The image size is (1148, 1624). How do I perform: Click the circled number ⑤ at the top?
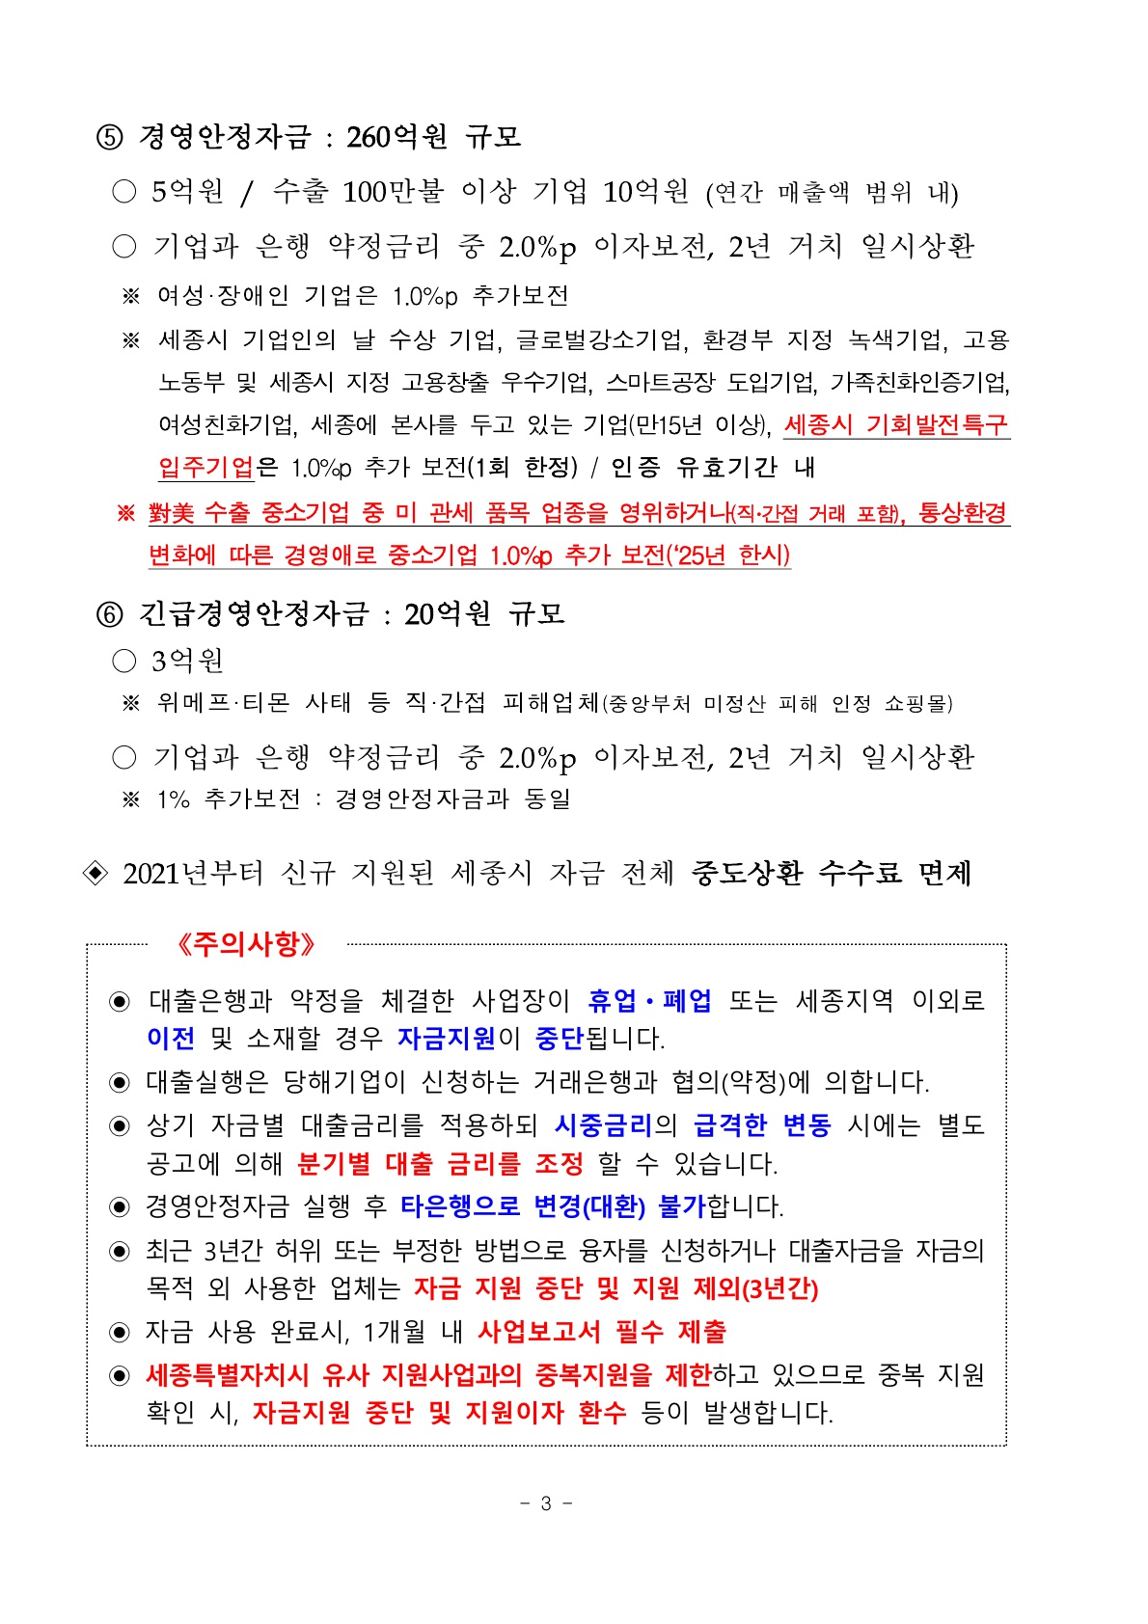coord(110,138)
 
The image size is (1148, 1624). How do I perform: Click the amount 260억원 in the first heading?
coord(396,137)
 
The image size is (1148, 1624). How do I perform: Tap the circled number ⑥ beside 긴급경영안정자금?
coord(110,614)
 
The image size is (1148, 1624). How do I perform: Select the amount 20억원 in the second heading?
coord(448,613)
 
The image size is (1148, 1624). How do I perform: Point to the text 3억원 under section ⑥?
coord(187,661)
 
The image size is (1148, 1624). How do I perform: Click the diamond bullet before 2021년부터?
coord(96,873)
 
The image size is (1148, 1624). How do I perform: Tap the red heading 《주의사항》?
coord(247,944)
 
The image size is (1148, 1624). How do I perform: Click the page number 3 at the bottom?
coord(546,1503)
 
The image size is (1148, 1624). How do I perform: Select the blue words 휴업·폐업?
coord(649,1001)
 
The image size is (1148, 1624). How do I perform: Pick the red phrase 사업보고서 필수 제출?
coord(602,1332)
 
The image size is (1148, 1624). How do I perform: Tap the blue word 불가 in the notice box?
coord(682,1206)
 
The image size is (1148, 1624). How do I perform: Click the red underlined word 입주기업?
coord(205,468)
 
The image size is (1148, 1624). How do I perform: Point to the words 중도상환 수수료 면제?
coord(831,873)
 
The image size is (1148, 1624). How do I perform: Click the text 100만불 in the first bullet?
coord(393,192)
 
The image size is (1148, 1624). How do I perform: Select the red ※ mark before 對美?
coord(125,513)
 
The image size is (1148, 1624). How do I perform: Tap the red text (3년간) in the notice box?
coord(781,1289)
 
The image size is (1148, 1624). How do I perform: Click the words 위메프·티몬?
coord(223,703)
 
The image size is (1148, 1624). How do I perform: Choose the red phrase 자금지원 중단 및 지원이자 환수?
coord(439,1413)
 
